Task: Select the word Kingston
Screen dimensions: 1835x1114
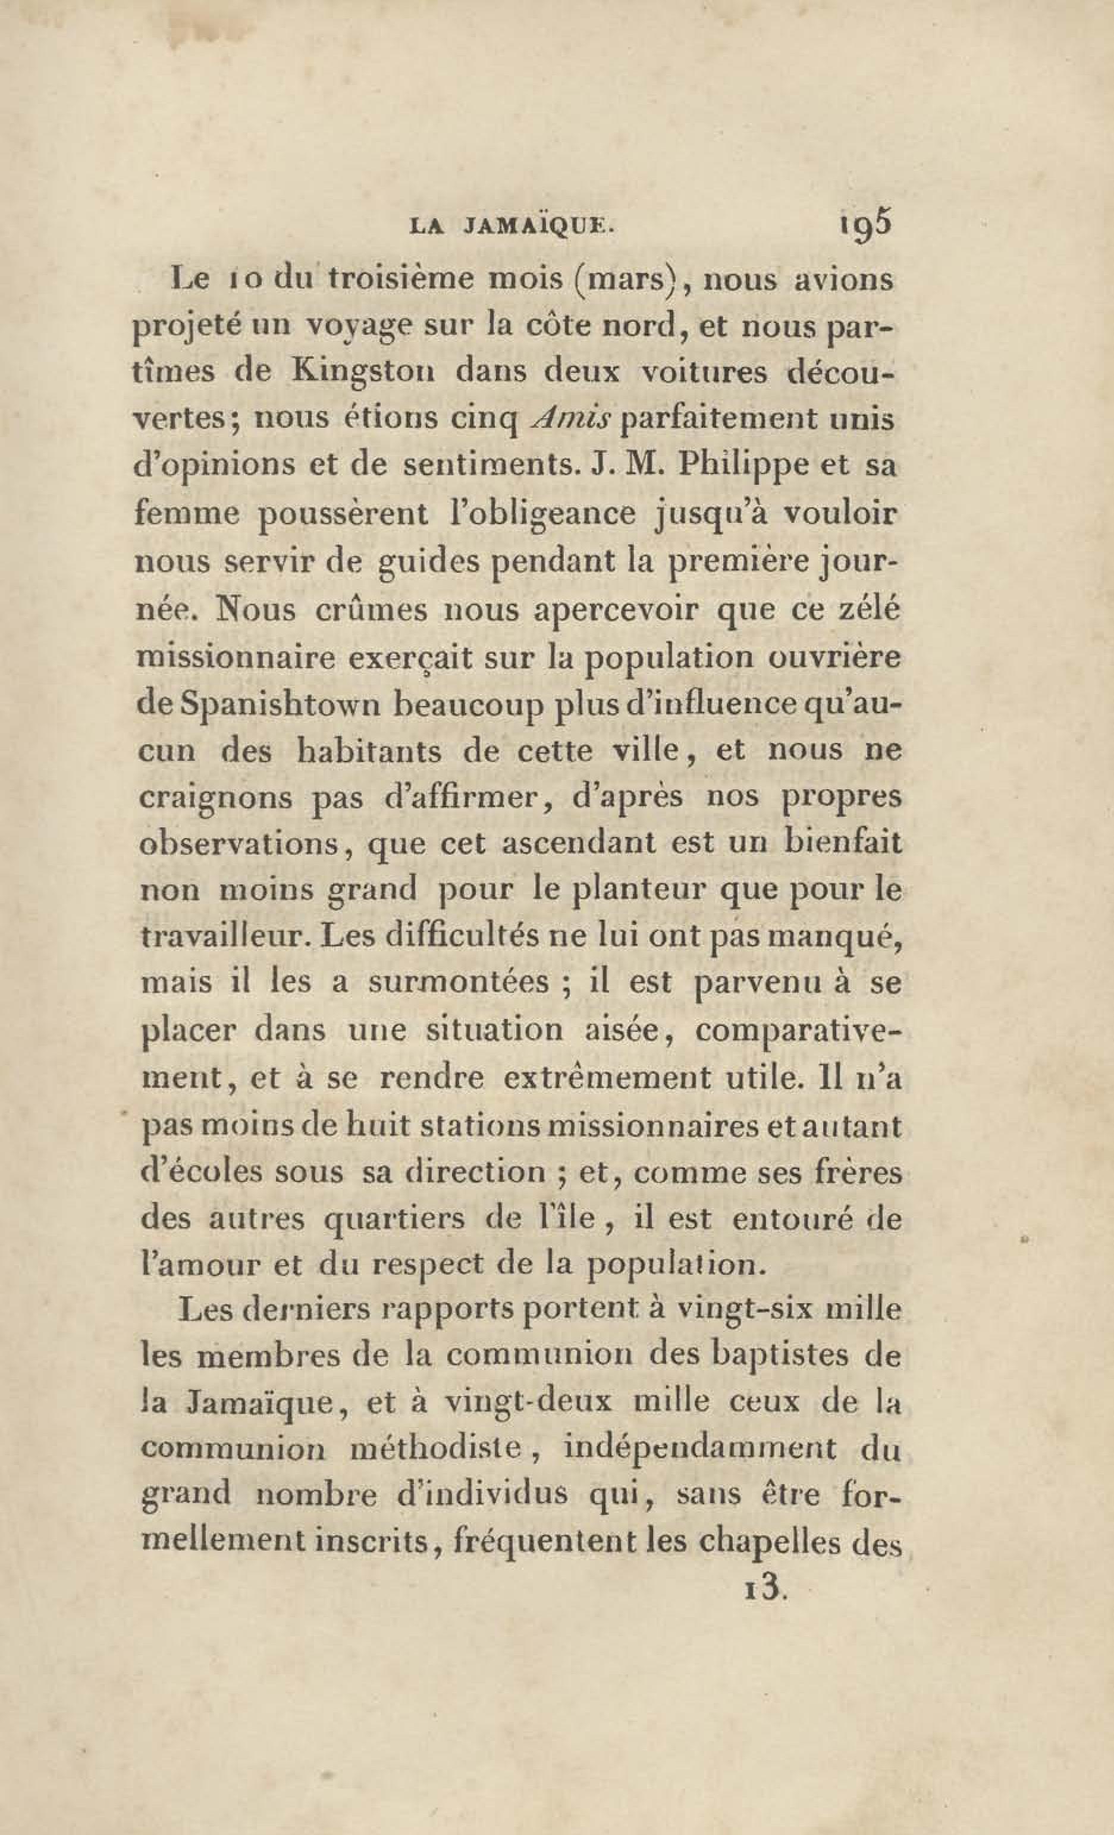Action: (x=363, y=372)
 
